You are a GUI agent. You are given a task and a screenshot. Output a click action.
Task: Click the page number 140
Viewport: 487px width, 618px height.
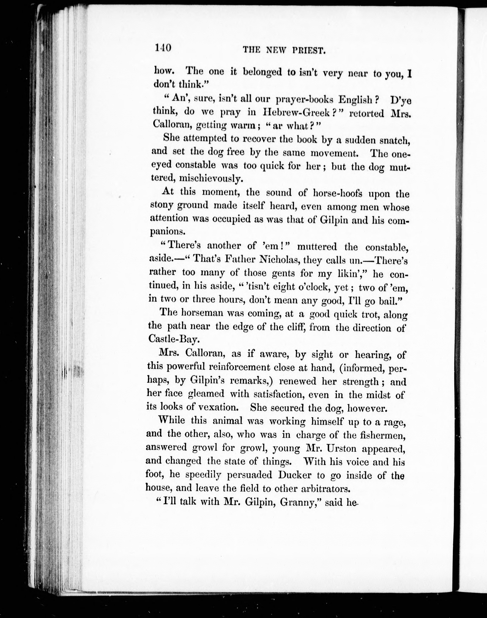pos(163,48)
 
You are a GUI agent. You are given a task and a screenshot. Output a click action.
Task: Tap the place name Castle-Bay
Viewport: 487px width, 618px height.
pos(173,339)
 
